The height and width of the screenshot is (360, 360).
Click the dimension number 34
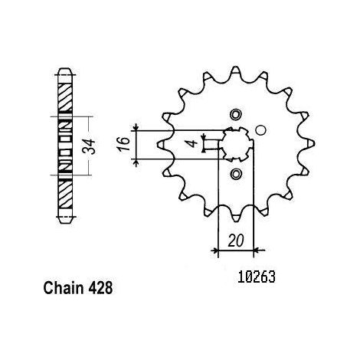tap(89, 146)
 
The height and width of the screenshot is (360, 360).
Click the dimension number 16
tap(123, 144)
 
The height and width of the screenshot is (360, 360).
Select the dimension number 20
tap(236, 241)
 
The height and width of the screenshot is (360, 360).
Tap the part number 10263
tap(257, 277)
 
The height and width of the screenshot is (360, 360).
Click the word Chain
tap(64, 288)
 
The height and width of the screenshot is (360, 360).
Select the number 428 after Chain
tap(100, 288)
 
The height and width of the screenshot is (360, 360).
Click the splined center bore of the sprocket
tap(237, 145)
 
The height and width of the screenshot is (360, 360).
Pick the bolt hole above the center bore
tap(236, 114)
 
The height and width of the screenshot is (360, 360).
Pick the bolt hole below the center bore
tap(236, 174)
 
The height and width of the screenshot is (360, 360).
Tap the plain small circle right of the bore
tap(260, 130)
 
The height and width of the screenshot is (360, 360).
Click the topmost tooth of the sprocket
tap(235, 73)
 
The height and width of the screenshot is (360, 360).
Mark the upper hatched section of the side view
tap(64, 97)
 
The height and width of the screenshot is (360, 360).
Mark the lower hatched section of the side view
tap(65, 194)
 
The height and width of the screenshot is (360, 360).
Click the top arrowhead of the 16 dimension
tap(136, 127)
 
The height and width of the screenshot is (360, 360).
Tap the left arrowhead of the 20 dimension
tap(214, 250)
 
